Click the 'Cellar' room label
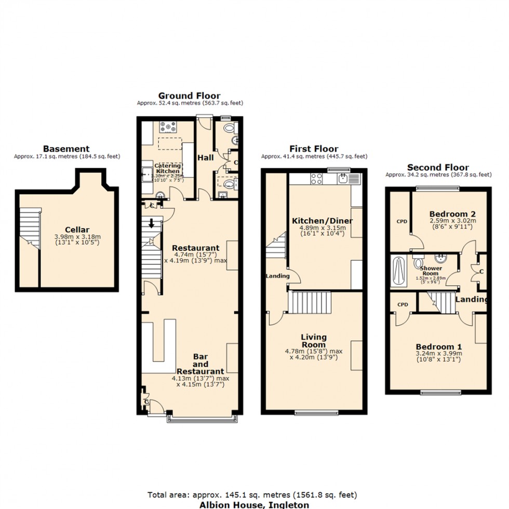point(77,230)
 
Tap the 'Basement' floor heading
point(66,149)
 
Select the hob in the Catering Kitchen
point(169,127)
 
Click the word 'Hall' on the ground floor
point(206,157)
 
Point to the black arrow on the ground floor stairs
point(152,224)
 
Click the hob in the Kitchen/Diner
point(317,179)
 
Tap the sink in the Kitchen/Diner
point(343,179)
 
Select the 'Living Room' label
point(314,341)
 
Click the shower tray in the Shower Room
point(399,271)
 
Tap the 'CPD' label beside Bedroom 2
point(402,222)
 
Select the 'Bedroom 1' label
point(438,347)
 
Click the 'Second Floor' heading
point(438,167)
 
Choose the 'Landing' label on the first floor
point(277,276)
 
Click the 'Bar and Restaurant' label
point(200,364)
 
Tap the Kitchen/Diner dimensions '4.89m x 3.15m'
point(322,227)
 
